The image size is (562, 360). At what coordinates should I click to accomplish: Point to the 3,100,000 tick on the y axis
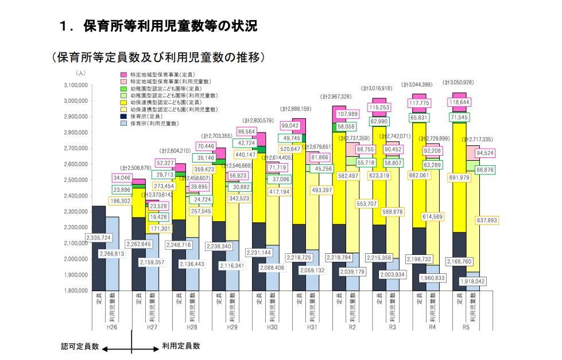pos(75,85)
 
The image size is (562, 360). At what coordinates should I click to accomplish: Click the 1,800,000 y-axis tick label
pos(75,291)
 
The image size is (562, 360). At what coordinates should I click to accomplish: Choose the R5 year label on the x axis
pos(466,327)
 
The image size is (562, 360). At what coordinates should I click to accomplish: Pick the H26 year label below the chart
pos(113,327)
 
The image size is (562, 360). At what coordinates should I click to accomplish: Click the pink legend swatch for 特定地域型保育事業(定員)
pos(123,75)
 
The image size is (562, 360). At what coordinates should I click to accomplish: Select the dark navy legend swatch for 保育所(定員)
pos(123,116)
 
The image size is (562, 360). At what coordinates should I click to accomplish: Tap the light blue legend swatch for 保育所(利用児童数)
pos(123,123)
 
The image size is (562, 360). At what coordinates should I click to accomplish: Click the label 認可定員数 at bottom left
pos(80,346)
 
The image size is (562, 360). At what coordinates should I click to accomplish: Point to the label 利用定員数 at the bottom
pos(181,346)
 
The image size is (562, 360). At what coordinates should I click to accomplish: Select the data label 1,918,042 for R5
pos(472,281)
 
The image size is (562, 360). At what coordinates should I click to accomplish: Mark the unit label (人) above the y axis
pos(80,73)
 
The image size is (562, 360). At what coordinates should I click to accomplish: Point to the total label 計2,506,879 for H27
pos(138,168)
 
